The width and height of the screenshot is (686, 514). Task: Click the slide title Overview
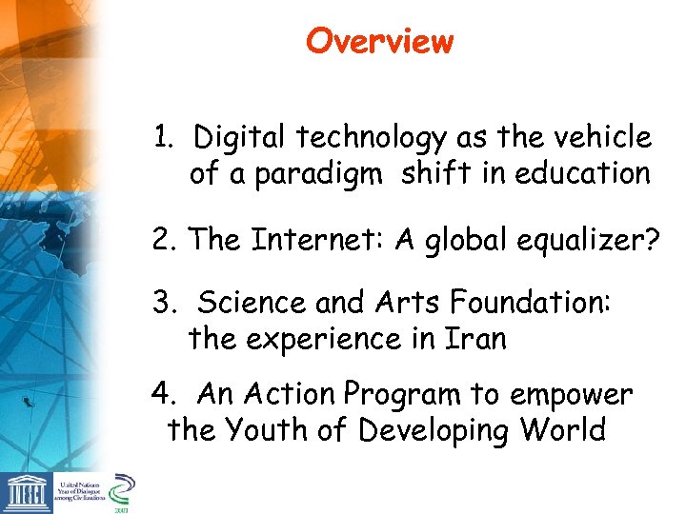click(379, 42)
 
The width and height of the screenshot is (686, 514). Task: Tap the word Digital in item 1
click(240, 138)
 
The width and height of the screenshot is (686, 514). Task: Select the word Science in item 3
click(252, 303)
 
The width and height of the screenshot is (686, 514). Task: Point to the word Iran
click(474, 339)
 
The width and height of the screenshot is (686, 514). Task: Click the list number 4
click(161, 394)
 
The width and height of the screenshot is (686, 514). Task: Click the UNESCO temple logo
click(25, 493)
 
